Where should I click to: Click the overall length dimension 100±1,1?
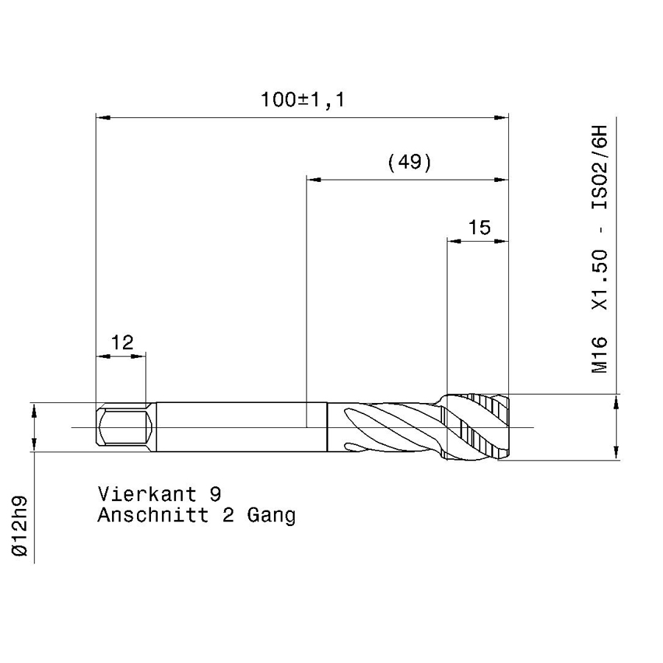click(303, 99)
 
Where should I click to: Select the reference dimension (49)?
click(410, 162)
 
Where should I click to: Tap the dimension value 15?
click(479, 228)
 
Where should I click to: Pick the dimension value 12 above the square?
click(122, 343)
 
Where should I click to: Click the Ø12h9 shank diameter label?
click(20, 526)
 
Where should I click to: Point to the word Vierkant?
click(147, 494)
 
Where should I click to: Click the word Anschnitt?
click(153, 515)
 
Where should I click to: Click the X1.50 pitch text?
click(599, 280)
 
